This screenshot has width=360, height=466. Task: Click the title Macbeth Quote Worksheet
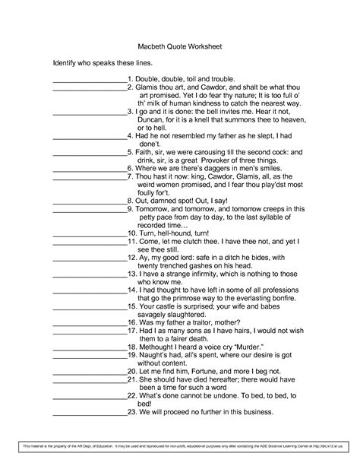(x=179, y=45)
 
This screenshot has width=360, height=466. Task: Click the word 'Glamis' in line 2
(x=149, y=87)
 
